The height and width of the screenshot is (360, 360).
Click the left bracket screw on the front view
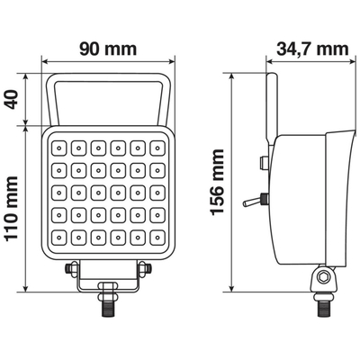point(71,267)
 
